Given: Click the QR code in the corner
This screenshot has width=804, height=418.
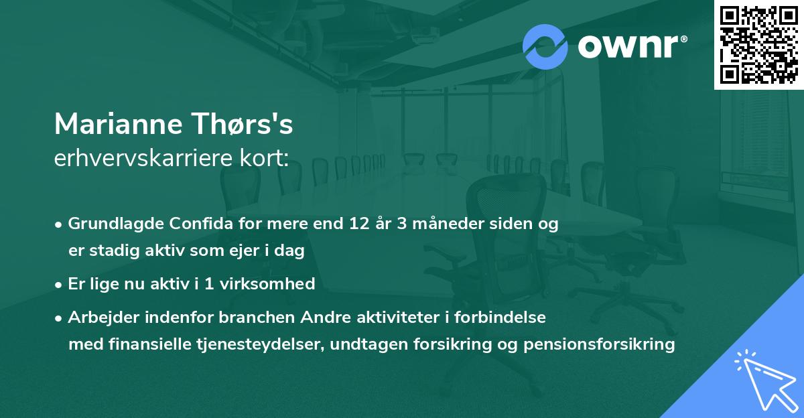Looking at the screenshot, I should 759,44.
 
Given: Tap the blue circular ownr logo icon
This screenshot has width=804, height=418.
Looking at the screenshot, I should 545,47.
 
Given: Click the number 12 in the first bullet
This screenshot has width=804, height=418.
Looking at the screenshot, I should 352,224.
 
